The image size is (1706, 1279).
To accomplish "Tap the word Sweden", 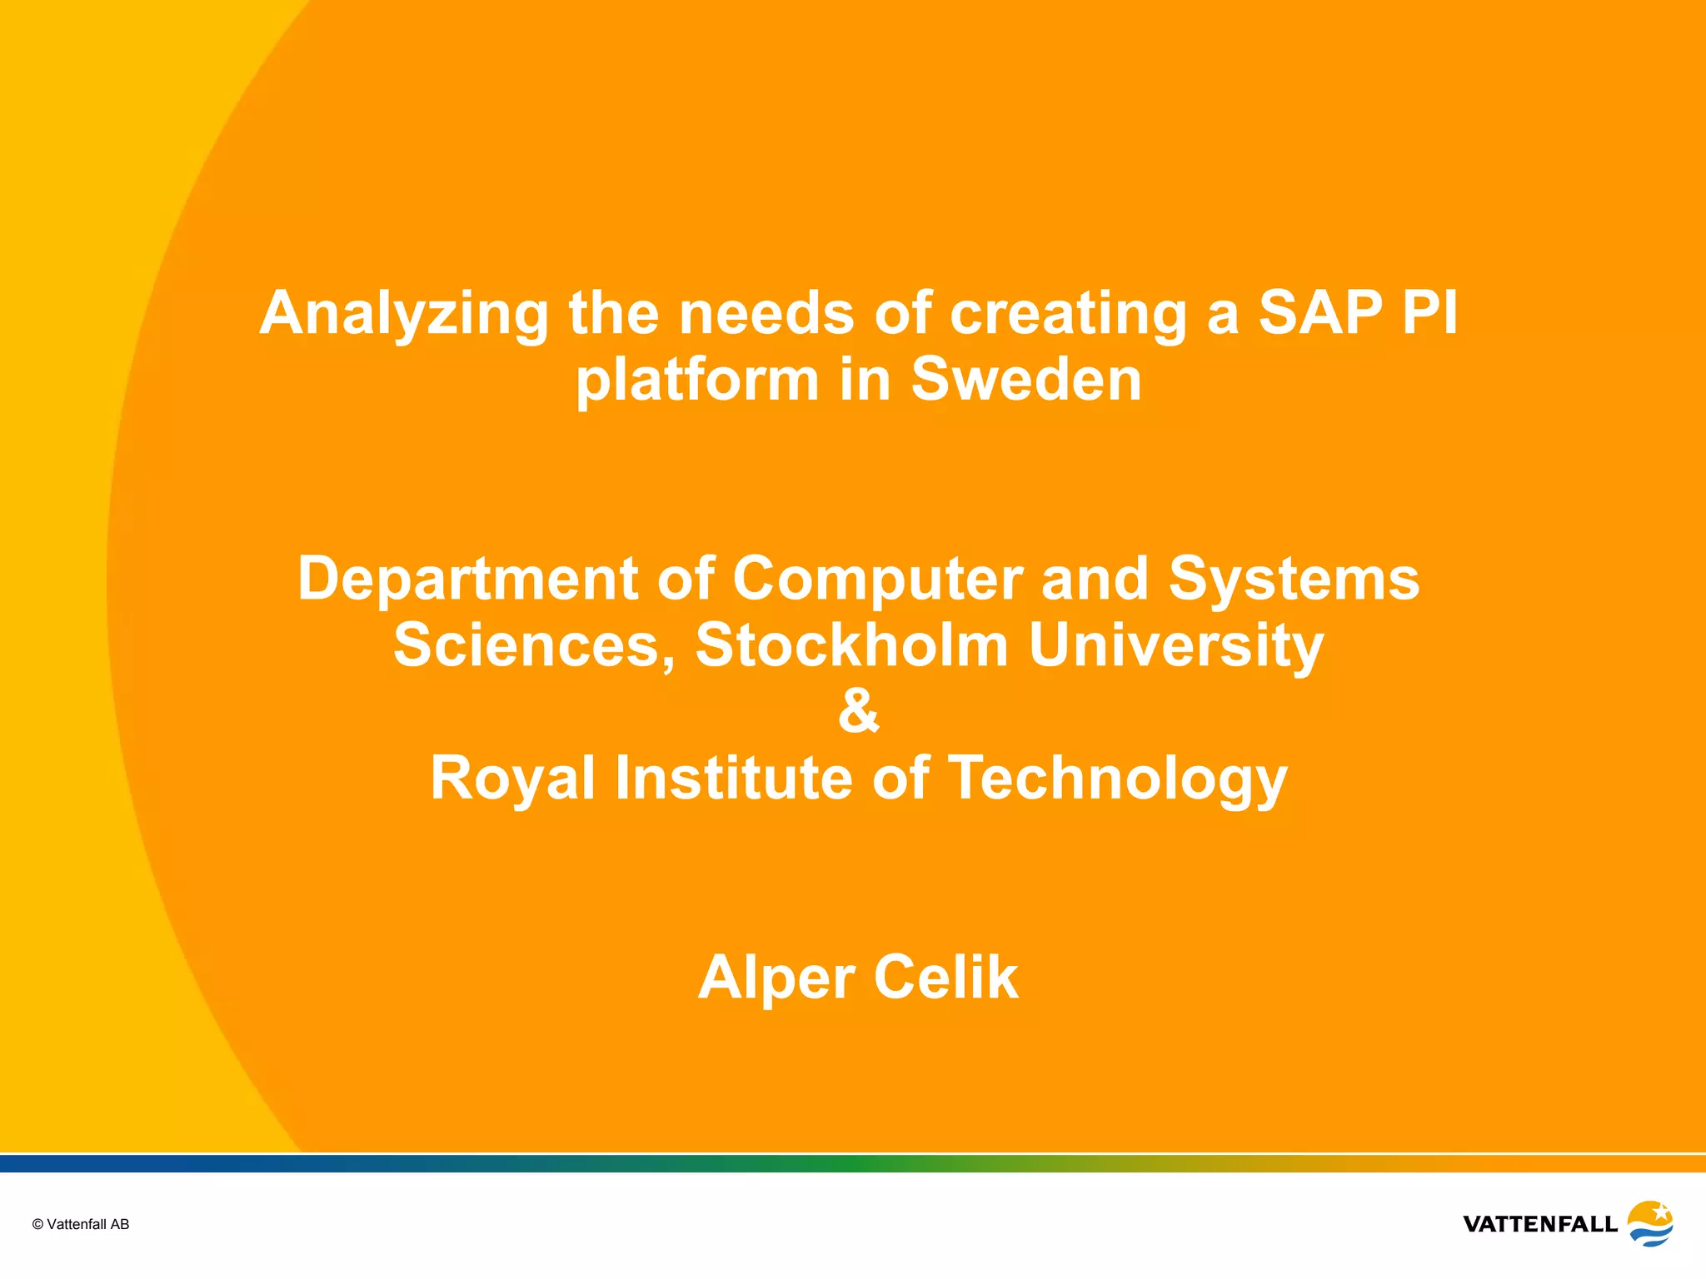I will [1026, 380].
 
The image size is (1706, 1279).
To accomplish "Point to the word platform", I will [698, 381].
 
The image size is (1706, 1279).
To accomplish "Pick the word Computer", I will [877, 580].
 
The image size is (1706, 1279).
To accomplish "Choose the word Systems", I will [1294, 580].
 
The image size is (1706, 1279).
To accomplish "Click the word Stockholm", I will [851, 645].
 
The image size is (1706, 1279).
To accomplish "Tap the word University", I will [1175, 647].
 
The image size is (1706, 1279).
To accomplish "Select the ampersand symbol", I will [859, 711].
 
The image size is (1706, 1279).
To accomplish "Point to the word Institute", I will [733, 778].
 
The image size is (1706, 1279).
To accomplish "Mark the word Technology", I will [1118, 779].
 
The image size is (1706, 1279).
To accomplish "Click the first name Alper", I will [776, 979].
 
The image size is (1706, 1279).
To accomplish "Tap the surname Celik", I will [946, 978].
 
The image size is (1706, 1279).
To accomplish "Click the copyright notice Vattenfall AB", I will [81, 1224].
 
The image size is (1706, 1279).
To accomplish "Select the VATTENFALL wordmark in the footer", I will [1540, 1224].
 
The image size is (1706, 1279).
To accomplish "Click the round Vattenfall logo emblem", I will [1650, 1223].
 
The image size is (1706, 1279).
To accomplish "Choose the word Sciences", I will [534, 645].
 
